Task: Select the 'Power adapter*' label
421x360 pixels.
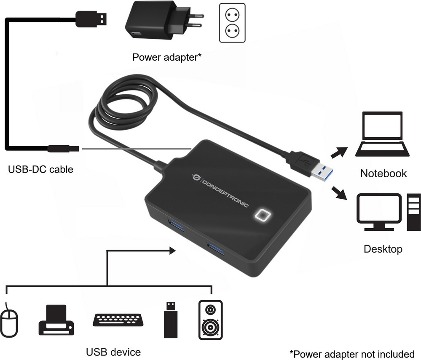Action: click(x=166, y=57)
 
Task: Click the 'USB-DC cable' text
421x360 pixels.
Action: click(x=40, y=170)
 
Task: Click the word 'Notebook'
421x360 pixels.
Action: click(x=383, y=173)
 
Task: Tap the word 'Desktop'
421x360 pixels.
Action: click(x=383, y=249)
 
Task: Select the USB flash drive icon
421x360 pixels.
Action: click(x=169, y=320)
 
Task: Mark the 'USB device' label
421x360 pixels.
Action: click(x=113, y=351)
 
